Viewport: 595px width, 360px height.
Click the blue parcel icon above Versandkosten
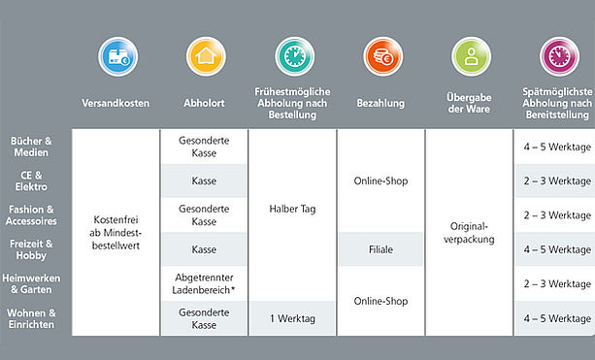118,56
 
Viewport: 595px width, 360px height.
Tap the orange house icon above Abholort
206,56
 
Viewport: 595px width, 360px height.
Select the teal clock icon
295,56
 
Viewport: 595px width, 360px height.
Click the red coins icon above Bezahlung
382,56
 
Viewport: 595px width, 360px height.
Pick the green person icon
472,56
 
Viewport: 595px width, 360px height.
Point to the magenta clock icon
559,56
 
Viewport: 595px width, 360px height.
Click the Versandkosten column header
116,103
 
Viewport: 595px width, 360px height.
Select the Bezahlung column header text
380,103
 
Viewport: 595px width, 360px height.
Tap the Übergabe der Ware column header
469,103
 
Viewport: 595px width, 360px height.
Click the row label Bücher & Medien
31,147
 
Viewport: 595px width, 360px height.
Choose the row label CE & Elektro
31,180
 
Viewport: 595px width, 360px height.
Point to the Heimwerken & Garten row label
31,283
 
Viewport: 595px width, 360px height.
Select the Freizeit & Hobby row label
31,249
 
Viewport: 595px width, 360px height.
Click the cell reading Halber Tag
292,209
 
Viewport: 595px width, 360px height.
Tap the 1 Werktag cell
292,318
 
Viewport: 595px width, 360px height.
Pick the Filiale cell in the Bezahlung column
380,249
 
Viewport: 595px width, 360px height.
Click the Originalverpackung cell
469,233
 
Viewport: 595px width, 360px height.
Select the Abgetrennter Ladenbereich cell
204,283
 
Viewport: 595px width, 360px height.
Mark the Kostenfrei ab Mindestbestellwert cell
116,233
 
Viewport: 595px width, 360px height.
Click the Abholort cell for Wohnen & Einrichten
204,318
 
